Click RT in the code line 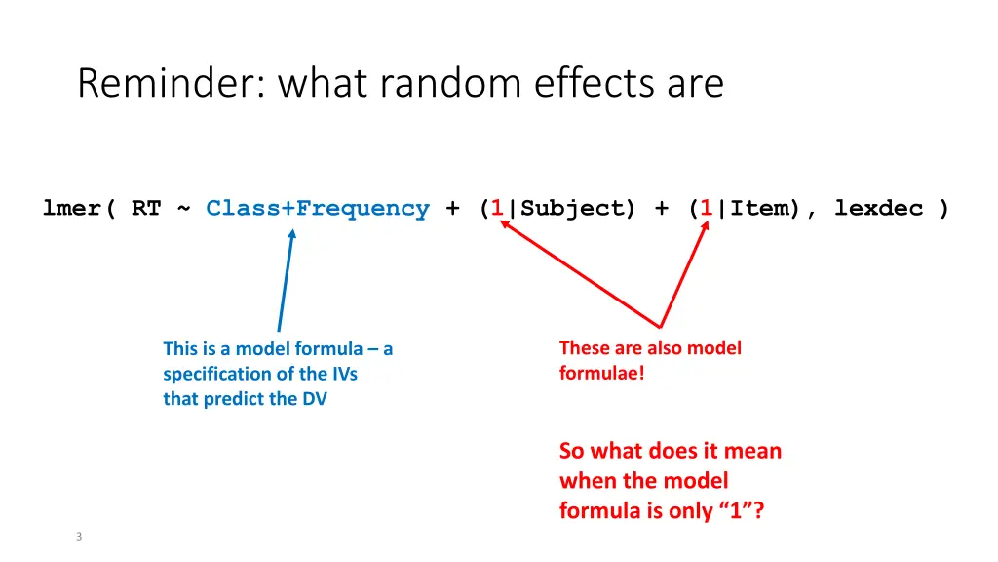click(x=146, y=208)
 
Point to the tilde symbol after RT click(x=183, y=209)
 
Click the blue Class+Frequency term click(x=318, y=208)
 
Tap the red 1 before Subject click(x=497, y=208)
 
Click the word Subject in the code click(x=572, y=208)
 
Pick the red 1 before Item click(x=706, y=208)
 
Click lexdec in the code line click(x=878, y=208)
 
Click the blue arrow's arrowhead click(x=291, y=234)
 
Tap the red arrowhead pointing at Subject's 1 click(x=505, y=225)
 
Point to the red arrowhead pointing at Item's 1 click(x=705, y=232)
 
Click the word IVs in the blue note click(x=342, y=374)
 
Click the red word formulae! click(x=601, y=373)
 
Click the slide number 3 click(x=79, y=536)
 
